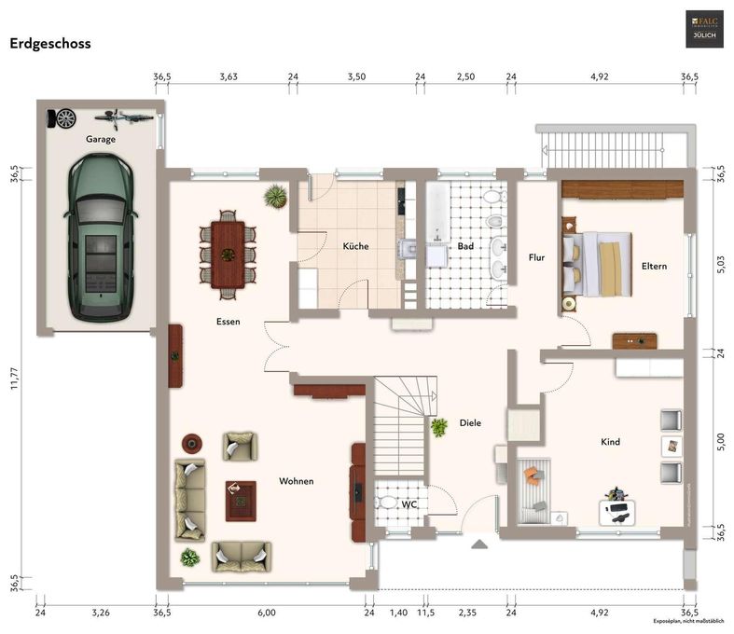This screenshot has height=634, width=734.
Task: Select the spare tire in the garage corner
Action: pyautogui.click(x=65, y=117)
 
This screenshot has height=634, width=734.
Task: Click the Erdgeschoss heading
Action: pyautogui.click(x=49, y=43)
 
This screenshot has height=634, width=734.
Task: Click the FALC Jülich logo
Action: pyautogui.click(x=705, y=29)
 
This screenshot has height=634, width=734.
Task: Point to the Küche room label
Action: pyautogui.click(x=355, y=247)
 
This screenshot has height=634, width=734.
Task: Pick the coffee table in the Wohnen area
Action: pyautogui.click(x=240, y=501)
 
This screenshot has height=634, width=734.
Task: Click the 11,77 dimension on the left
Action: pyautogui.click(x=14, y=379)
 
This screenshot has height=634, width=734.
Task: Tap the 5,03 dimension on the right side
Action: pyautogui.click(x=719, y=265)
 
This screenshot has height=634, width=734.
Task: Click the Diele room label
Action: pyautogui.click(x=470, y=423)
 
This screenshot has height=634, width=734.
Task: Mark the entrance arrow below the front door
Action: pyautogui.click(x=479, y=544)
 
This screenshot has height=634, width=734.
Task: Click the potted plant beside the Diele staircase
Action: pyautogui.click(x=438, y=428)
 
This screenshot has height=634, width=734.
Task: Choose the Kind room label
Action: pyautogui.click(x=610, y=442)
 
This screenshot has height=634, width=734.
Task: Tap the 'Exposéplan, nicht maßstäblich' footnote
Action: pyautogui.click(x=692, y=622)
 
